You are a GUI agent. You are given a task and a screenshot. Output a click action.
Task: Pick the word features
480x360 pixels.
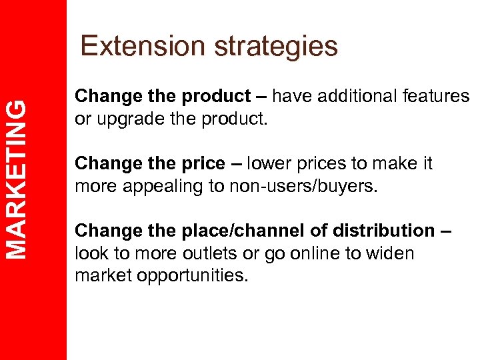pos(437,97)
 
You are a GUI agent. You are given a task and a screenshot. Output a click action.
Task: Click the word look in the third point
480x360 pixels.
pos(91,253)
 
